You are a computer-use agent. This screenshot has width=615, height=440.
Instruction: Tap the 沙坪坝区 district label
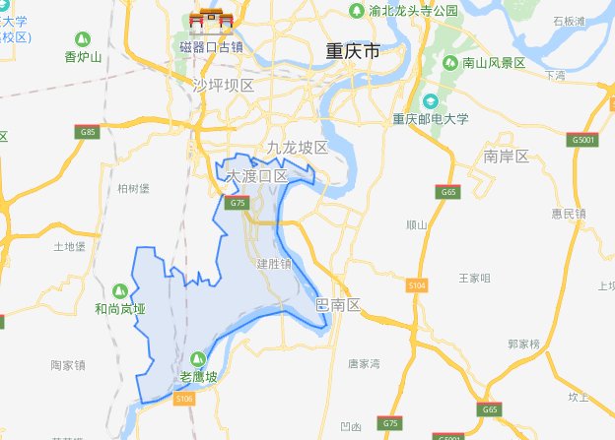click(x=225, y=86)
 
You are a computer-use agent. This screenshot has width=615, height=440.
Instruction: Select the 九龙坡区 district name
click(x=297, y=148)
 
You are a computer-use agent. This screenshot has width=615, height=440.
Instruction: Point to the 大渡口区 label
click(x=256, y=176)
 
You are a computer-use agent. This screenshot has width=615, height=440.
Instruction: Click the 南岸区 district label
click(x=507, y=157)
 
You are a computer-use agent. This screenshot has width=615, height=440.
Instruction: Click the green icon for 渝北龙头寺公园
click(x=356, y=11)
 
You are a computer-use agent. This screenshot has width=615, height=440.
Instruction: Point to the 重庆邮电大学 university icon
click(x=430, y=100)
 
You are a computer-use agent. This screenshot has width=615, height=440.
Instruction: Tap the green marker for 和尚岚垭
click(x=119, y=290)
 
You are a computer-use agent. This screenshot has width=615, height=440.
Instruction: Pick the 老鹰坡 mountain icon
click(x=198, y=358)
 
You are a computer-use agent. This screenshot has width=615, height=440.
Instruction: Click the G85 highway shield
click(x=89, y=132)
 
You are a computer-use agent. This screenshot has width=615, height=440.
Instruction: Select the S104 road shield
click(x=417, y=284)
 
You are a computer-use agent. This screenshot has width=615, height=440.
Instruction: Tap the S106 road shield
click(x=184, y=398)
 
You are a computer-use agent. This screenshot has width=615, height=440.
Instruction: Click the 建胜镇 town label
click(x=274, y=264)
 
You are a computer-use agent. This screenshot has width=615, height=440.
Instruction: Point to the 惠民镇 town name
click(x=569, y=214)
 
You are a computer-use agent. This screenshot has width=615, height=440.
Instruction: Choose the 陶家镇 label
click(x=68, y=365)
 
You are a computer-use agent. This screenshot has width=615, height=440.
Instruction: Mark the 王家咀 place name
click(x=474, y=279)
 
